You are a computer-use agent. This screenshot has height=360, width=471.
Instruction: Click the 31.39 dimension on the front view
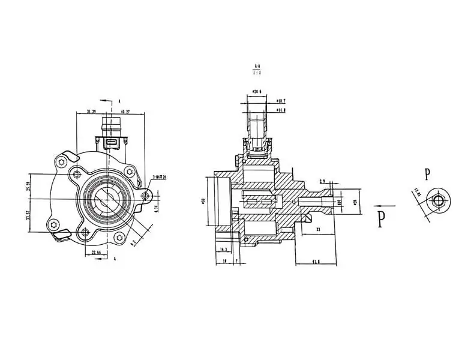(x=91, y=112)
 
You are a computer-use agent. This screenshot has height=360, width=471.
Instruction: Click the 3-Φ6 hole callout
(x=160, y=177)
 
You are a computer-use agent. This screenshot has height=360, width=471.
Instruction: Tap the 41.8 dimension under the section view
(x=316, y=262)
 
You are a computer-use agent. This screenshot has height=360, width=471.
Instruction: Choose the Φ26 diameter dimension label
(x=355, y=202)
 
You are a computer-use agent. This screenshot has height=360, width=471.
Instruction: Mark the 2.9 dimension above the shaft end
(x=322, y=181)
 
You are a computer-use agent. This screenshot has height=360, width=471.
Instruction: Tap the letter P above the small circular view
(x=427, y=175)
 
